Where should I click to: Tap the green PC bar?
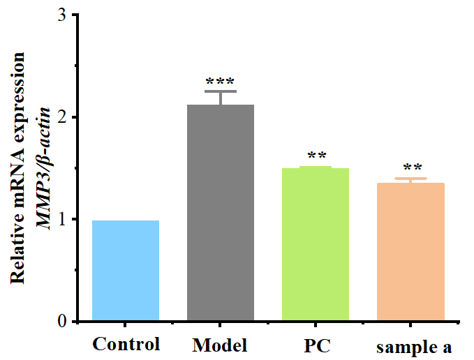coord(315,244)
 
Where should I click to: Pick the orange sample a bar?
coord(410,252)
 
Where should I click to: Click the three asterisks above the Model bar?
coord(221,82)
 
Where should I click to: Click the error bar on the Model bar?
coord(221,97)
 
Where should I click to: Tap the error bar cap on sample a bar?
coord(410,179)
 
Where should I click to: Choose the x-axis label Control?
coord(126,344)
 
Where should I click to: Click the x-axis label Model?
coord(220,345)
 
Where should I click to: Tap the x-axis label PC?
coord(316,345)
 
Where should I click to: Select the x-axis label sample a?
coord(414,347)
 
